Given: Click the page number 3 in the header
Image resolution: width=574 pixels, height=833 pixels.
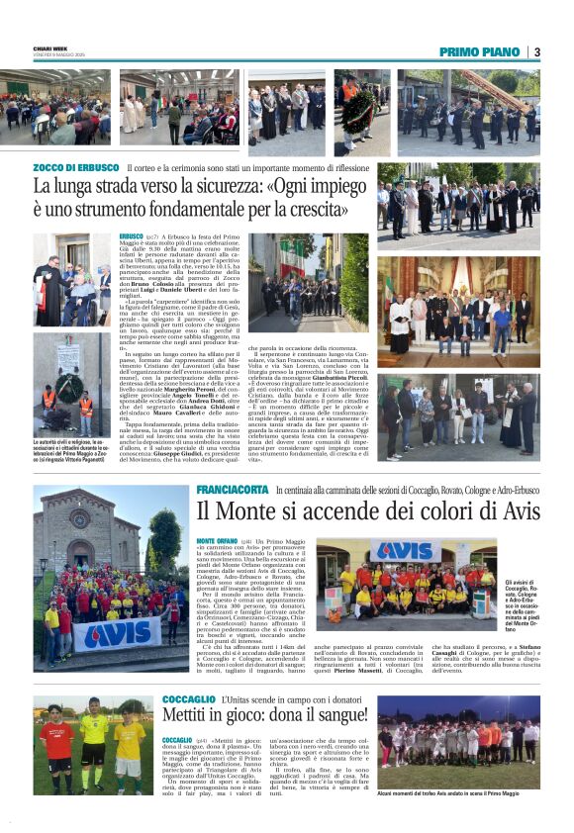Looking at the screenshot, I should (536, 51).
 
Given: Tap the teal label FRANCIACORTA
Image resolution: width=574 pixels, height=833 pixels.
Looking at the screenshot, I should (233, 491).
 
